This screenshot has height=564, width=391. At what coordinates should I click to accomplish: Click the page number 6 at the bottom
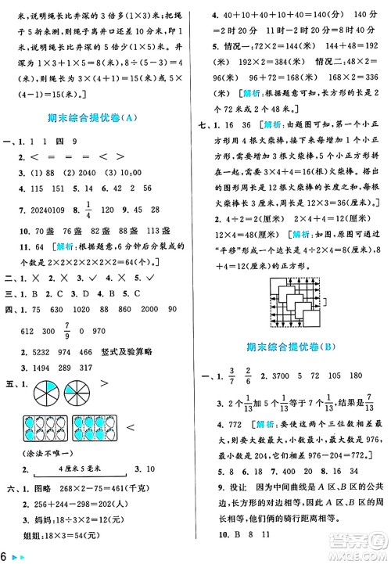coord(5,555)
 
